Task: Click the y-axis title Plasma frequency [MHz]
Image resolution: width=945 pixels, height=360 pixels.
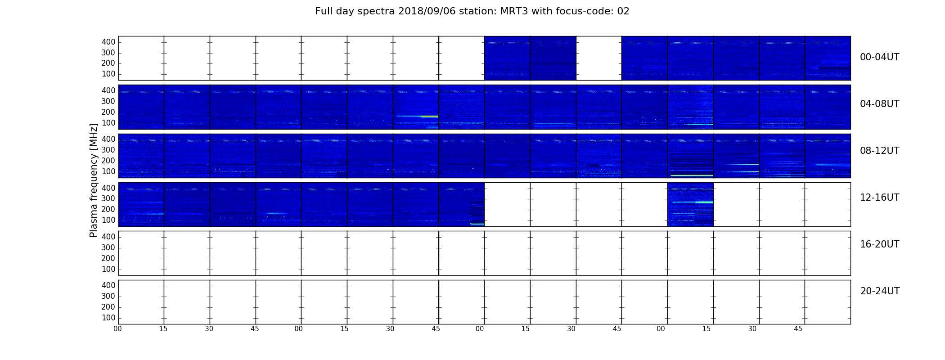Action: click(94, 180)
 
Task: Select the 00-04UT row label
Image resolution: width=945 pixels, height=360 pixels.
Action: click(880, 57)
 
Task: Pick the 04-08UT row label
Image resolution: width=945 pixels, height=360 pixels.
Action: click(880, 104)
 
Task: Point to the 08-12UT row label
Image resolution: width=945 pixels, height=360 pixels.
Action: click(880, 151)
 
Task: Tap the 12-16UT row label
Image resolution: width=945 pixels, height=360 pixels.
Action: click(880, 198)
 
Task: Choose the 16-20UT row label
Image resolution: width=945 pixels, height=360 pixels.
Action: click(880, 244)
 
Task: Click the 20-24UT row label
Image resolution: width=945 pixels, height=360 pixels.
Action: click(880, 291)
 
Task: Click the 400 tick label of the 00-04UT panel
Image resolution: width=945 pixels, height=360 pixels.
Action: click(108, 42)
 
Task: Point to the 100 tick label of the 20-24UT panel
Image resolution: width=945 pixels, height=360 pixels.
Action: click(108, 318)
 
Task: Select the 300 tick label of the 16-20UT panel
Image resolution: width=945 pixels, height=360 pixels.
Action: click(108, 247)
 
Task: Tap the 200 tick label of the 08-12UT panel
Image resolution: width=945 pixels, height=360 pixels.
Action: click(108, 161)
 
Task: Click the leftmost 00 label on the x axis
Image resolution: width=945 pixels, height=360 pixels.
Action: click(117, 329)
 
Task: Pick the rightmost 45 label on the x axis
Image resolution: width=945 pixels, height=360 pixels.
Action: click(798, 329)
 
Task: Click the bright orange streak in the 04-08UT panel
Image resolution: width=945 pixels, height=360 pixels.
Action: click(429, 117)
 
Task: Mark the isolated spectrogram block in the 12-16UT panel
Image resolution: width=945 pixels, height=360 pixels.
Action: click(690, 204)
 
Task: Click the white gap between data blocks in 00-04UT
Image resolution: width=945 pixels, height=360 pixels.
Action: click(598, 58)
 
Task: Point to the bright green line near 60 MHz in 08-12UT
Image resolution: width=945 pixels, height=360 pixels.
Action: click(692, 175)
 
